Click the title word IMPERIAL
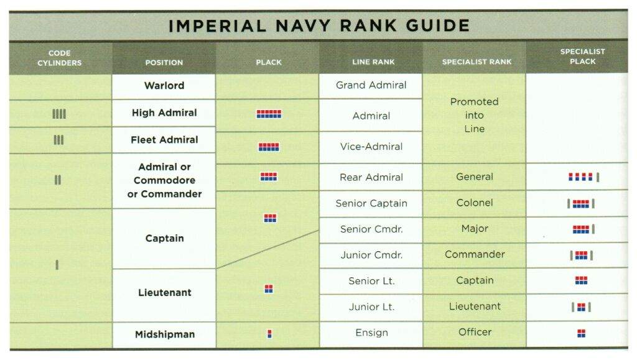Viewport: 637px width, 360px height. (217, 26)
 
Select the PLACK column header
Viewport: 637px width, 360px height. (269, 62)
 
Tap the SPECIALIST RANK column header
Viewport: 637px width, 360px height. (477, 62)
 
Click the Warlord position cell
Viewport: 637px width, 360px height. (164, 86)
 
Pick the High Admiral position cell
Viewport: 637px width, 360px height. (164, 113)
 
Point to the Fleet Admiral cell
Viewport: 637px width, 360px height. (164, 140)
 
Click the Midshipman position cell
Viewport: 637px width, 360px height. (164, 334)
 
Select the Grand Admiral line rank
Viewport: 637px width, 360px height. (371, 85)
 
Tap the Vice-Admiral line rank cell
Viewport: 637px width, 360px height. (371, 147)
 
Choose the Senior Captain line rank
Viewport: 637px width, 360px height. (371, 203)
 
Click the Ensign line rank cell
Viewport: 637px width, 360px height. (371, 333)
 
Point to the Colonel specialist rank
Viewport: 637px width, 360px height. (475, 203)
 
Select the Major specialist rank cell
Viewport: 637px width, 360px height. (475, 229)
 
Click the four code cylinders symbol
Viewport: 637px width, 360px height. (59, 114)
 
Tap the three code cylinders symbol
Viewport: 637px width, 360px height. (58, 140)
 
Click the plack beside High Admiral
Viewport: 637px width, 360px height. (269, 114)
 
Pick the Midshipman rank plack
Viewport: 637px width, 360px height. (269, 334)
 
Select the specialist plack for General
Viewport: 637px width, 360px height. (584, 177)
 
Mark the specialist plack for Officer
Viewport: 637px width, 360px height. (582, 333)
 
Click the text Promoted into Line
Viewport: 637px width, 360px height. (474, 115)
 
